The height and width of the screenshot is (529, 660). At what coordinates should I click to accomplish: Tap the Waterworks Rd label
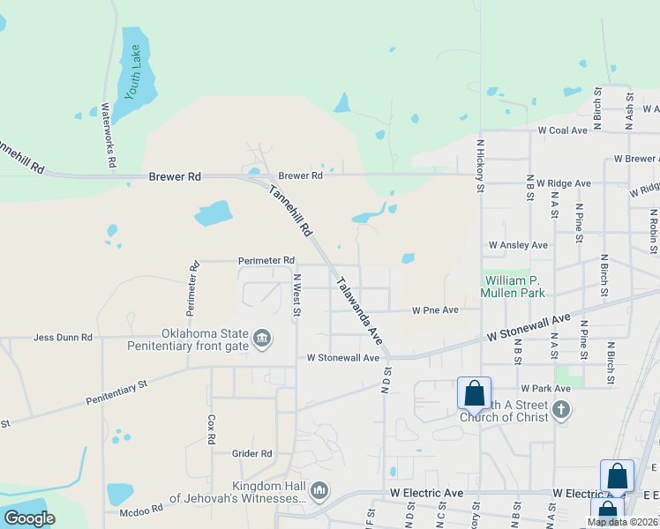tap(108, 136)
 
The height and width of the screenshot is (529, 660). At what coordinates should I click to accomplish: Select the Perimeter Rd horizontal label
tap(266, 261)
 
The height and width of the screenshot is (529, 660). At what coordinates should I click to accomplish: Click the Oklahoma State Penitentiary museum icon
tap(261, 339)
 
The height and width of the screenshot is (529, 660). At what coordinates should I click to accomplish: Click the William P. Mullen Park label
tap(513, 286)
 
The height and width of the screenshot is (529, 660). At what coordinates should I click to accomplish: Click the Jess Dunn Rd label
tap(63, 337)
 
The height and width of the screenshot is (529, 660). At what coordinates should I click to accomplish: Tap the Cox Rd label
tap(211, 429)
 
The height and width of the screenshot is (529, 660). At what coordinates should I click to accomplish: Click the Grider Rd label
tap(252, 454)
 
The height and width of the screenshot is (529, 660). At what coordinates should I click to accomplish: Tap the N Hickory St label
tap(481, 164)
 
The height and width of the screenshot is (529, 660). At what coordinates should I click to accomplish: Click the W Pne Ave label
tap(435, 310)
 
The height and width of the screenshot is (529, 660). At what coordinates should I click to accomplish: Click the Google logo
tap(29, 518)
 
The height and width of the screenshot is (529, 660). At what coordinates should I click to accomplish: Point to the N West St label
tap(296, 294)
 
